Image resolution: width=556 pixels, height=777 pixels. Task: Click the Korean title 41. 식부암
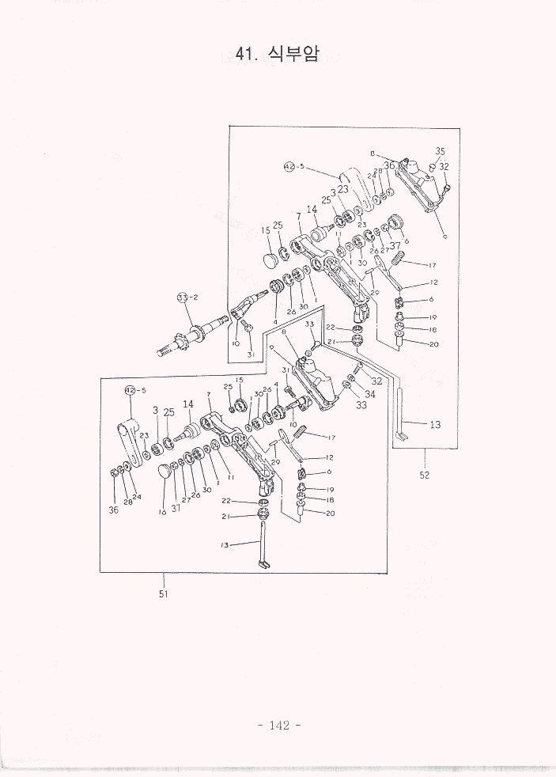pos(277,54)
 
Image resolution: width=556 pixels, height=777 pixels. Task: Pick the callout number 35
pos(440,151)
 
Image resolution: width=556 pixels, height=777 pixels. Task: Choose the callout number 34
pos(370,394)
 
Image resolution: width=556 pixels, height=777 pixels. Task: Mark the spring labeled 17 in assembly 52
pos(400,257)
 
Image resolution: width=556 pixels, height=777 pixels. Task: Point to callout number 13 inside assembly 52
pos(435,424)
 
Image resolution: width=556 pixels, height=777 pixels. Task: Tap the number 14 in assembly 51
pos(188,404)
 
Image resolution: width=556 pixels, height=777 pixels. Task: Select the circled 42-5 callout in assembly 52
pos(289,167)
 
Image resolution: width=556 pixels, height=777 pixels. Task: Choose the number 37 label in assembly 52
pos(395,245)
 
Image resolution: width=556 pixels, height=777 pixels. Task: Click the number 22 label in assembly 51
pos(227,500)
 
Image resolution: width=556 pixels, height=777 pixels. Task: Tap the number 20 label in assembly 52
pos(433,344)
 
